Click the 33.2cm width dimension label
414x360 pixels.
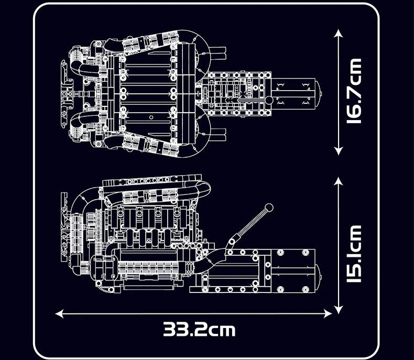point(199,330)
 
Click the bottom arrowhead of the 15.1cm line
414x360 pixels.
point(339,309)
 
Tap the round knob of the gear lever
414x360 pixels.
point(269,207)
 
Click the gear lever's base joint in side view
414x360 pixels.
point(231,242)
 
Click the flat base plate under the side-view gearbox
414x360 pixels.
point(231,288)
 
